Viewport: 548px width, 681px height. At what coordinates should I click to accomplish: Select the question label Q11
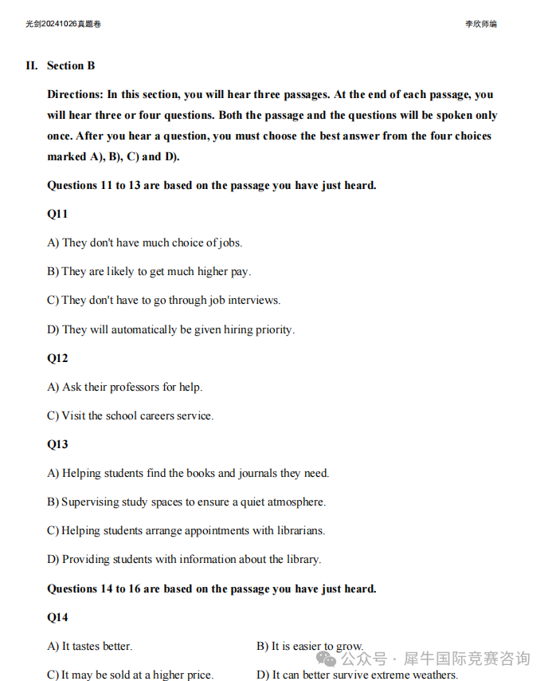(x=57, y=214)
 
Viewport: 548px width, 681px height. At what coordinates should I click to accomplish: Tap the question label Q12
(x=57, y=358)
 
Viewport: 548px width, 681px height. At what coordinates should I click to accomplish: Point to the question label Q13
(x=57, y=444)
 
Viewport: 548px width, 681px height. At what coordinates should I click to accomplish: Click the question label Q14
(x=57, y=617)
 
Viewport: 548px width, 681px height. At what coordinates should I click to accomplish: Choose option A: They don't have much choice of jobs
(x=144, y=242)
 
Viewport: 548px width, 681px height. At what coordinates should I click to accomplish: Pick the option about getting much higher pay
(x=149, y=271)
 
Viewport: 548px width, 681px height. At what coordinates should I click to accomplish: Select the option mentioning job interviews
(x=163, y=300)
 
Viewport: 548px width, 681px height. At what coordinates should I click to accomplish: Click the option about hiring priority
(x=170, y=329)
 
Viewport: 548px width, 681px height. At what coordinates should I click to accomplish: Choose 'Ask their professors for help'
(x=125, y=387)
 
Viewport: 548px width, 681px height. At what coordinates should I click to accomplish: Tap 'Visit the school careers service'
(x=131, y=415)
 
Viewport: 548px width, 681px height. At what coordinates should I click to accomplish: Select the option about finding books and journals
(x=188, y=473)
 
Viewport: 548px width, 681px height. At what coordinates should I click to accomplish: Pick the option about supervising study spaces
(x=186, y=502)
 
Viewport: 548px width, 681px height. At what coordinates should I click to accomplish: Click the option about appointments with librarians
(x=186, y=530)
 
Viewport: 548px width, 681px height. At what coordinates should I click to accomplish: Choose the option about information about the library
(x=184, y=559)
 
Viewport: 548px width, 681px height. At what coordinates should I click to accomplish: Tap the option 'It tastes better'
(x=90, y=646)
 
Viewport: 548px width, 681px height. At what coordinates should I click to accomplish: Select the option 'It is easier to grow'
(x=310, y=646)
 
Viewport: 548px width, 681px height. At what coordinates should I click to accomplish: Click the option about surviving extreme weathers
(x=357, y=675)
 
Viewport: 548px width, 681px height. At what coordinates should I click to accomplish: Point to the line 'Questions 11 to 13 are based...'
(x=211, y=185)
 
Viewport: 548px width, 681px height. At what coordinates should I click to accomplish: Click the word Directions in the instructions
(x=75, y=94)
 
